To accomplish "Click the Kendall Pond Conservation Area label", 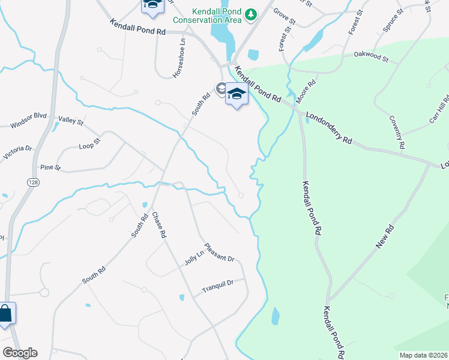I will point(207,16).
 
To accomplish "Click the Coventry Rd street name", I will point(397,133).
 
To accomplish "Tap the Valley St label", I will point(71,121).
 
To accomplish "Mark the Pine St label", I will point(50,167).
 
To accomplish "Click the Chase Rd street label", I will point(158,226).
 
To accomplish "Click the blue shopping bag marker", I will point(5,313).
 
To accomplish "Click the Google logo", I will point(20,353).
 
